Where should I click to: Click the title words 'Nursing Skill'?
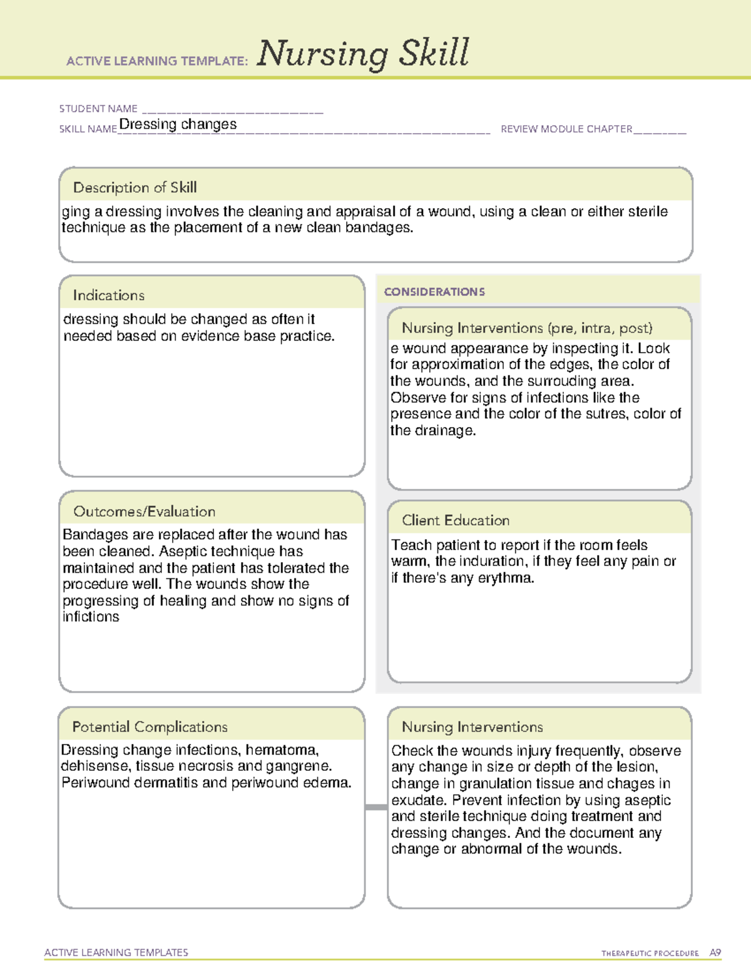point(363,54)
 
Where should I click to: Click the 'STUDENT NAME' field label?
point(98,109)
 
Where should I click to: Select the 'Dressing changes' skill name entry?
point(178,124)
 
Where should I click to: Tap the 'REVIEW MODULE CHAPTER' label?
point(566,129)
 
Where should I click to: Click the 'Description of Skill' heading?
point(135,188)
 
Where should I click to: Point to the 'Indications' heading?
point(108,295)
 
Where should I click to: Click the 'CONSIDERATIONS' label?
point(434,292)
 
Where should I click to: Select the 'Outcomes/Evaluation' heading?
point(144,511)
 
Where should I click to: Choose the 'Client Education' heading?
point(456,520)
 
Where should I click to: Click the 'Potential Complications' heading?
point(150,727)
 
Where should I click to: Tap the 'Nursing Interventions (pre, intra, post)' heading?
point(527,328)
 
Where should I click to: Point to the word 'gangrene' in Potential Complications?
point(303,766)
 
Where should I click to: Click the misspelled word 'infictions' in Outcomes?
point(91,617)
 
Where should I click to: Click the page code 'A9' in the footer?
point(715,953)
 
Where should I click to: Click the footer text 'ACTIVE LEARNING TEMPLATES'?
point(116,952)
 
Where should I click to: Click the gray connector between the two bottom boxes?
point(376,807)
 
